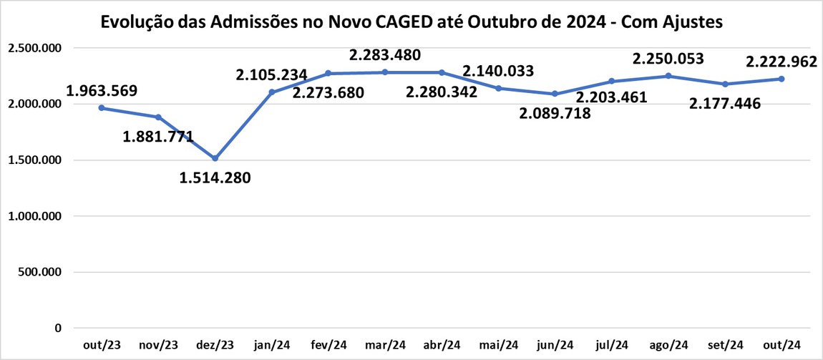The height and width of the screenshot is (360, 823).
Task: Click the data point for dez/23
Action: (215, 158)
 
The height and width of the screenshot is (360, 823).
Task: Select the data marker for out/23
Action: (102, 108)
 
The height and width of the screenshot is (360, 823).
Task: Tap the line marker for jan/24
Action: (272, 92)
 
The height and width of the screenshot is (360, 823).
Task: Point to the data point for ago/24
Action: (668, 76)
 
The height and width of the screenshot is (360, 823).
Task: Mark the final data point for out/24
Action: (781, 79)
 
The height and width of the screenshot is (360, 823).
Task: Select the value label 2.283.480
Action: (385, 54)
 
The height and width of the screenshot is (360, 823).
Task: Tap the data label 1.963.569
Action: (102, 91)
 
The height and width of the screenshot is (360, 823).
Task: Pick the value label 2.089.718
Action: (555, 112)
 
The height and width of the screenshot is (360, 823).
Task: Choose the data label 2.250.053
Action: (668, 59)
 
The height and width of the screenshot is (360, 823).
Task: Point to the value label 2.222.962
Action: (781, 62)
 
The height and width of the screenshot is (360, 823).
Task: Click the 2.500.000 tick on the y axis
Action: (34, 48)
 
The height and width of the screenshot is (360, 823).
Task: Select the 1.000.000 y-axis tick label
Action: (34, 216)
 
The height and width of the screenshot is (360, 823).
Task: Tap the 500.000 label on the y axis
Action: (40, 272)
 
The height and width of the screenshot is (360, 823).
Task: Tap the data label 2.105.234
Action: (272, 74)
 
